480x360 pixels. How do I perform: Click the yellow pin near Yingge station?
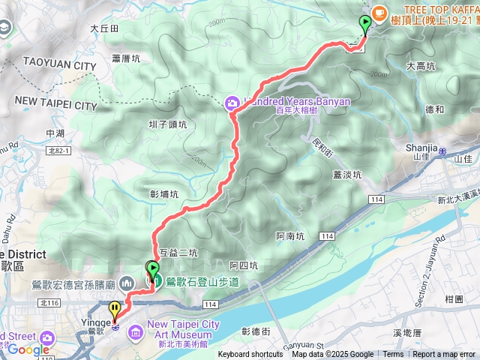point(114,308)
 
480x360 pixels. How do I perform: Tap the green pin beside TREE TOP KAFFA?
point(365,23)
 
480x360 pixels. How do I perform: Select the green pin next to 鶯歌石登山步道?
point(153,269)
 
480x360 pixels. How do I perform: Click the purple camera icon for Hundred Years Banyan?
point(233,102)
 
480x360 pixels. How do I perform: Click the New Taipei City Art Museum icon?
point(136,330)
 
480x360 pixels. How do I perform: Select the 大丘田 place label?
point(104,28)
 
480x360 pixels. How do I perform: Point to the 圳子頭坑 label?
point(172,125)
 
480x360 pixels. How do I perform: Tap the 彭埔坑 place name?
point(164,194)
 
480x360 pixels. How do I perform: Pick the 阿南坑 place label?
point(289,236)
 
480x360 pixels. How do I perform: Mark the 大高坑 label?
point(420,66)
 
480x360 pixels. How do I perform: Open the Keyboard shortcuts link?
point(250,355)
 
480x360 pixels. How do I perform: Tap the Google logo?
point(28,349)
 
